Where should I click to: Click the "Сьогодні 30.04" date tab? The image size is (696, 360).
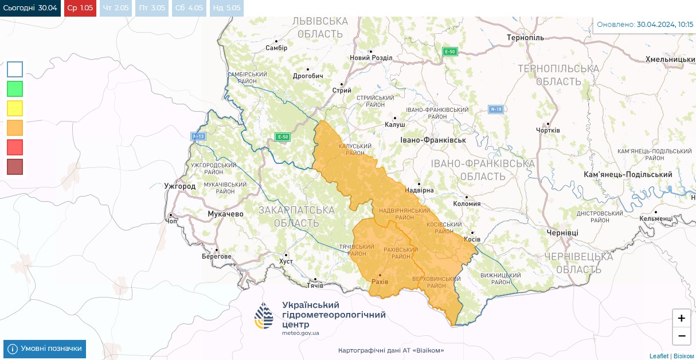(x=30, y=8)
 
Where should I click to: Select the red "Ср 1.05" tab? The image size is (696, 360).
(x=80, y=8)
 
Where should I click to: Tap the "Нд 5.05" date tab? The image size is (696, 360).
(x=226, y=8)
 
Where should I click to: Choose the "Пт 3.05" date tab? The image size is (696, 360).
(x=151, y=8)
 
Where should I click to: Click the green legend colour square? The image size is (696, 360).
(x=15, y=89)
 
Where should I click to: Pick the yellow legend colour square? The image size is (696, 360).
(x=15, y=108)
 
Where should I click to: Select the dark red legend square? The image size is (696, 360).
(x=15, y=167)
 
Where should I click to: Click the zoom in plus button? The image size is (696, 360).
(x=681, y=318)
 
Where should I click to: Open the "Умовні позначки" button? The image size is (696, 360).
(x=45, y=349)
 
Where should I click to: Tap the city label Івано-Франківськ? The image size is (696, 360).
(x=433, y=140)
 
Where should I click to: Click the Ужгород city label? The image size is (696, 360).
(x=179, y=186)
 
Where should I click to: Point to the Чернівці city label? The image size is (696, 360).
(x=562, y=233)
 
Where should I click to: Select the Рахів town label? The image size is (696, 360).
(x=380, y=282)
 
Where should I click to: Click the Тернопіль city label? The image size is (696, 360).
(x=525, y=38)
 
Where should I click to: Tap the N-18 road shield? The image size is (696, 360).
(x=496, y=109)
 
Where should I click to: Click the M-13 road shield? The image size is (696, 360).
(x=198, y=136)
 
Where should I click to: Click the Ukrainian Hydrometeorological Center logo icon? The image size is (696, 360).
(x=264, y=316)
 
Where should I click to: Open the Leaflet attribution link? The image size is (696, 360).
(x=659, y=356)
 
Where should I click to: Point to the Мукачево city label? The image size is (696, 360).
(x=225, y=214)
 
